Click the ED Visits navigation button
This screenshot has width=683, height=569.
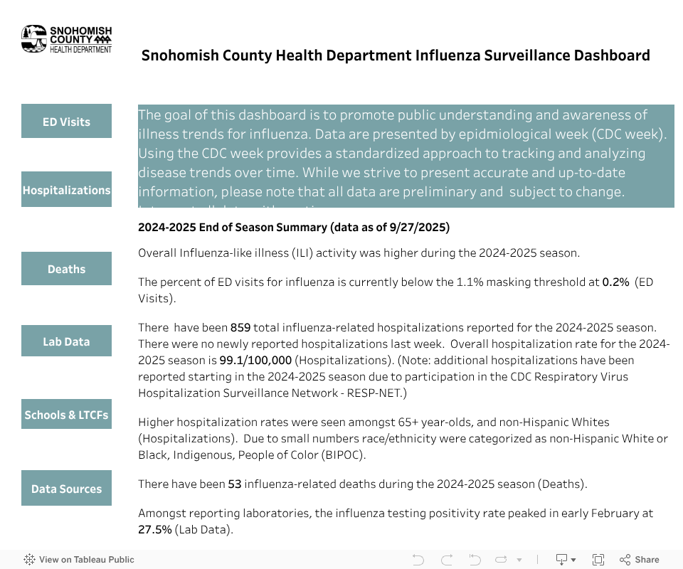pyautogui.click(x=66, y=122)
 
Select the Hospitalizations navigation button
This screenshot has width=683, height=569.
pyautogui.click(x=66, y=190)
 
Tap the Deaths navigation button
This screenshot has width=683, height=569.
pyautogui.click(x=66, y=269)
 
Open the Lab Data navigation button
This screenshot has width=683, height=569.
pyautogui.click(x=66, y=341)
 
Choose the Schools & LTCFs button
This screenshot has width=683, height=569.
pyautogui.click(x=66, y=415)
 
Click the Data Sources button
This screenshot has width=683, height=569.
pyautogui.click(x=66, y=489)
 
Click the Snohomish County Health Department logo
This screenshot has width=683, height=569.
pyautogui.click(x=66, y=39)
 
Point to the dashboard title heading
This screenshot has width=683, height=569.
pyautogui.click(x=395, y=55)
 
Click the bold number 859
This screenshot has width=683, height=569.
pyautogui.click(x=239, y=328)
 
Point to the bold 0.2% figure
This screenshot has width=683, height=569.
pyautogui.click(x=615, y=282)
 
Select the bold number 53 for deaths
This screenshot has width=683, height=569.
pyautogui.click(x=235, y=484)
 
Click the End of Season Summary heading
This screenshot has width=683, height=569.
pyautogui.click(x=293, y=228)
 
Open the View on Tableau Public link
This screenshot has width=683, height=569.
pyautogui.click(x=79, y=560)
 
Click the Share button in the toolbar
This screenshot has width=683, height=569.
pyautogui.click(x=640, y=560)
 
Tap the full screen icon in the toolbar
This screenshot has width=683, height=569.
pyautogui.click(x=598, y=560)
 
